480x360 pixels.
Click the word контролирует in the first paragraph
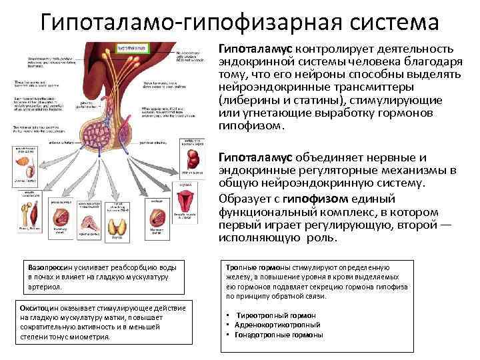click(x=329, y=49)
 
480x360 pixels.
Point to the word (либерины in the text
click(x=243, y=100)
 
